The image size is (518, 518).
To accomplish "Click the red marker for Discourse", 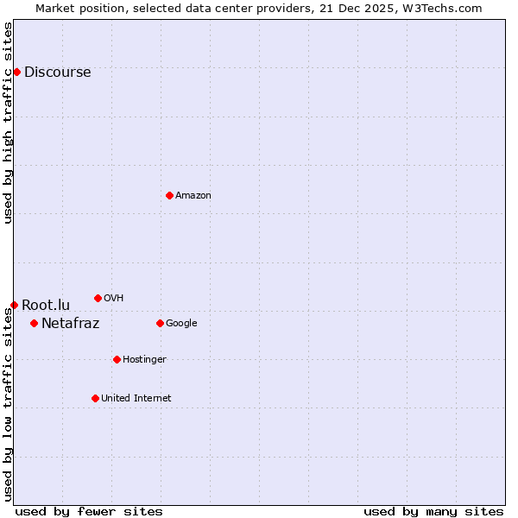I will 16,72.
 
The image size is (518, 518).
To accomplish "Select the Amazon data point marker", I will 169,195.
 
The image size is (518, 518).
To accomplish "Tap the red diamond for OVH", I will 98,298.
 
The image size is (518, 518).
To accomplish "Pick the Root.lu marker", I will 14,305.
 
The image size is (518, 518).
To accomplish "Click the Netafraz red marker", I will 34,323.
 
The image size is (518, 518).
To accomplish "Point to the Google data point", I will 160,323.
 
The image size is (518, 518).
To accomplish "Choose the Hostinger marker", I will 117,359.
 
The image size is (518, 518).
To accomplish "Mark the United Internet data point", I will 95,398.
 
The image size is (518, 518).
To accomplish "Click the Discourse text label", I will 57,73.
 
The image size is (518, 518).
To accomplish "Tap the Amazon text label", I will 193,196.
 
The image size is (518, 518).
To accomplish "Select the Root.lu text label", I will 46,305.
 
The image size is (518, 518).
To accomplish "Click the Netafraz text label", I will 70,324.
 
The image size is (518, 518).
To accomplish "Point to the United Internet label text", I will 136,399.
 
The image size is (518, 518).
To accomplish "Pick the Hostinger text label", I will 144,360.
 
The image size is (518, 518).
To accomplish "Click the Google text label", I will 181,324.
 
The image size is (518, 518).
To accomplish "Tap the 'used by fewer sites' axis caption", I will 89,511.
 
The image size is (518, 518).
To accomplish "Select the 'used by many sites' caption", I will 433,511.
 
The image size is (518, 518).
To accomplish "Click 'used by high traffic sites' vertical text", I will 8,123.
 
